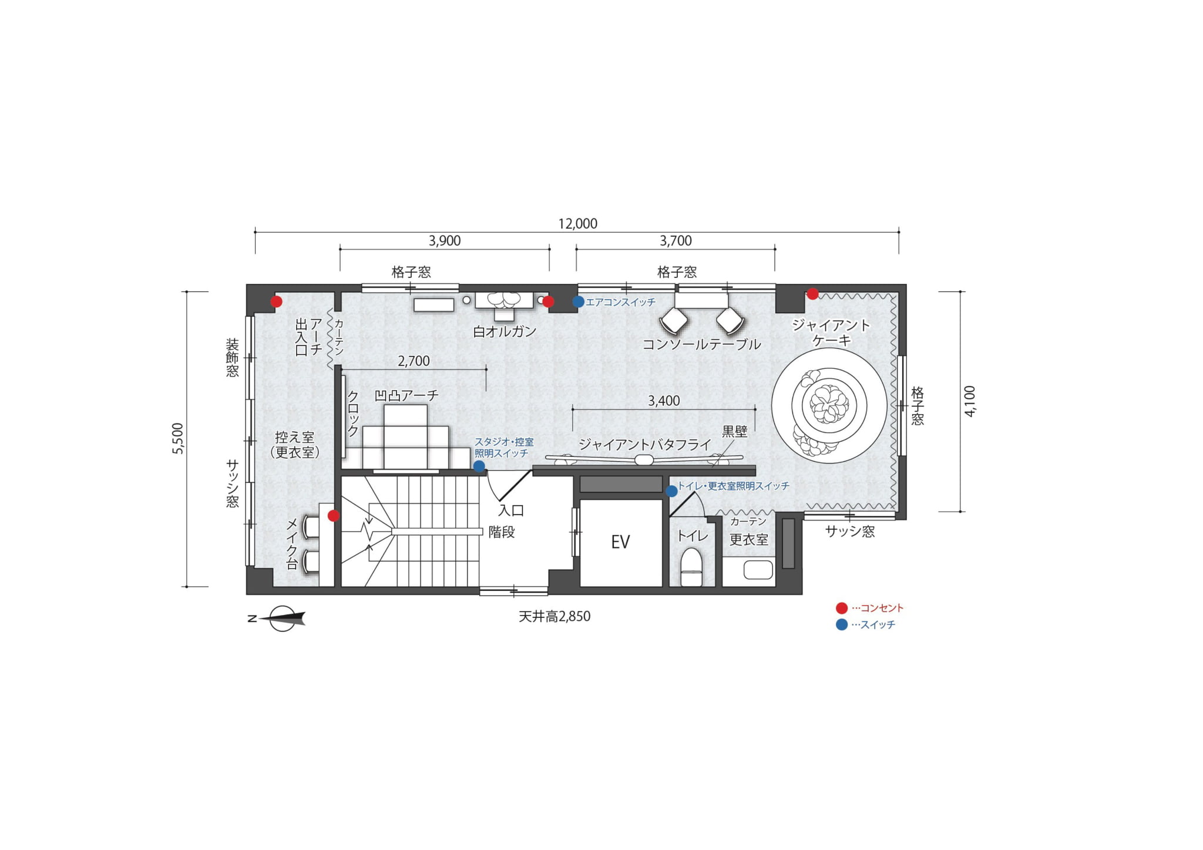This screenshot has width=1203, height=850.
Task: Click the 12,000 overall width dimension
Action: (577, 224)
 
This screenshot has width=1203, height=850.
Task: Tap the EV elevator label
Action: (620, 542)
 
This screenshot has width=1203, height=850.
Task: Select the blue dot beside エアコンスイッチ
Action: (578, 302)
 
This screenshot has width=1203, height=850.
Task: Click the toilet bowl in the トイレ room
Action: (691, 567)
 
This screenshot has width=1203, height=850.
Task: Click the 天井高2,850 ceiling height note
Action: (555, 616)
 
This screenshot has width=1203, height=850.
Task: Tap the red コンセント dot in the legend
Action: (842, 608)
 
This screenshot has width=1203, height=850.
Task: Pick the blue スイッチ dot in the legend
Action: (842, 624)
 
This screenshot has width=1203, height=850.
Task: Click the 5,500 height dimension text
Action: (178, 438)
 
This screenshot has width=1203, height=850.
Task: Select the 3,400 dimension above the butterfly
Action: (664, 401)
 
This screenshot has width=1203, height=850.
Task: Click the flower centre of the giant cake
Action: (829, 404)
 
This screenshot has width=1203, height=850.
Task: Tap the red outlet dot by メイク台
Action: (334, 516)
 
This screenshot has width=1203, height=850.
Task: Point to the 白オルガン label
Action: (505, 331)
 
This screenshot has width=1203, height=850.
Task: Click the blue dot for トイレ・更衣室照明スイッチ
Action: (671, 491)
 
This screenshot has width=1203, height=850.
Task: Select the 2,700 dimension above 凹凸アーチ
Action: (414, 361)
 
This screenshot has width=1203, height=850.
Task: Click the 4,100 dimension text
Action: (970, 401)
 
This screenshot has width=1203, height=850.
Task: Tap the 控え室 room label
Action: (295, 437)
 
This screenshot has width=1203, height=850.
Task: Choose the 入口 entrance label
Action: (511, 510)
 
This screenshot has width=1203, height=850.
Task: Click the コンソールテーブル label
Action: (701, 344)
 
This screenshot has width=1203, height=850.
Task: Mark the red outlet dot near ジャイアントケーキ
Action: (812, 294)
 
